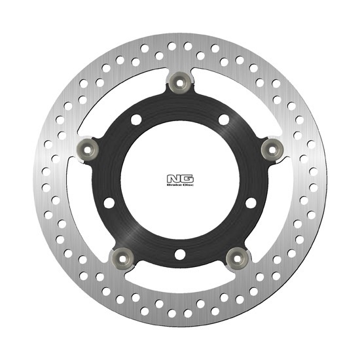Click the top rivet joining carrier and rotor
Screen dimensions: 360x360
point(180,83)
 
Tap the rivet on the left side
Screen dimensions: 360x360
point(87,150)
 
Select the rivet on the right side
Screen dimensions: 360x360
point(272,150)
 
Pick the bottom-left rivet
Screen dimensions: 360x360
point(122,259)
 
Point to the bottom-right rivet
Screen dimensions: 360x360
point(237,259)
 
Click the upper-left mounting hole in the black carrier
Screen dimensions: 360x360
point(136,120)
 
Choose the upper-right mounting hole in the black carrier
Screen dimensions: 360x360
point(224,120)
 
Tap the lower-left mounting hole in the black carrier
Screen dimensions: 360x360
point(109,203)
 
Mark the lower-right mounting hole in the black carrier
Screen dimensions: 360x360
point(251,203)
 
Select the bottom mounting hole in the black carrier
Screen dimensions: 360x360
point(180,255)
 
